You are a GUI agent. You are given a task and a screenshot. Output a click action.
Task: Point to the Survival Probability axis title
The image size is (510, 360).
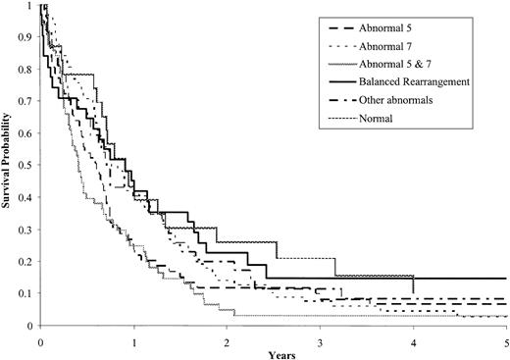point(8,164)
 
